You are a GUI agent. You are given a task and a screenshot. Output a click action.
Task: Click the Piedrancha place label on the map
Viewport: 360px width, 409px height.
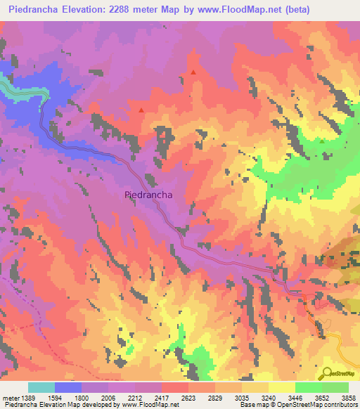pyautogui.click(x=148, y=195)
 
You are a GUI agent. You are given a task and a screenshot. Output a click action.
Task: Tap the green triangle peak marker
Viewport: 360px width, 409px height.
pyautogui.click(x=322, y=141)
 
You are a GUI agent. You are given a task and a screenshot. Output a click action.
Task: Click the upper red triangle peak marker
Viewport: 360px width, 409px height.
pyautogui.click(x=193, y=72)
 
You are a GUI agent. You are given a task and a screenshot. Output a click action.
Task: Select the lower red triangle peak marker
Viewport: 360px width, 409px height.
pyautogui.click(x=141, y=110)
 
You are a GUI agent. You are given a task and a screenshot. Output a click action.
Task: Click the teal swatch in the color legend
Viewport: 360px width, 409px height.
pyautogui.click(x=41, y=387)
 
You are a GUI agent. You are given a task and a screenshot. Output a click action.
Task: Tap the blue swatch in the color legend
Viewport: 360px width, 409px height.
pyautogui.click(x=68, y=387)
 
